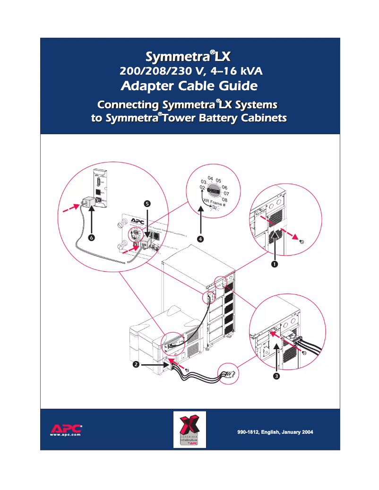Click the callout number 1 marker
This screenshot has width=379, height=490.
pyautogui.click(x=274, y=265)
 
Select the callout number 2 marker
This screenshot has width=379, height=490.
pyautogui.click(x=136, y=364)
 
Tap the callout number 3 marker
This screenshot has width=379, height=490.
pyautogui.click(x=276, y=377)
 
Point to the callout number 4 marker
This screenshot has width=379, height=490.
pyautogui.click(x=201, y=239)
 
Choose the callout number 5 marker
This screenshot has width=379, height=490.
pyautogui.click(x=147, y=203)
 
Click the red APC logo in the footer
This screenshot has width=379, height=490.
pyautogui.click(x=66, y=428)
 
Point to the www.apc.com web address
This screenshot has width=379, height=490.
pyautogui.click(x=66, y=435)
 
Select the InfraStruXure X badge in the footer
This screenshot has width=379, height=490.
pyautogui.click(x=189, y=430)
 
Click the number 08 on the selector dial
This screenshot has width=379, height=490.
pyautogui.click(x=224, y=200)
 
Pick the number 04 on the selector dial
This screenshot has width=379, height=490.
pyautogui.click(x=210, y=178)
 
